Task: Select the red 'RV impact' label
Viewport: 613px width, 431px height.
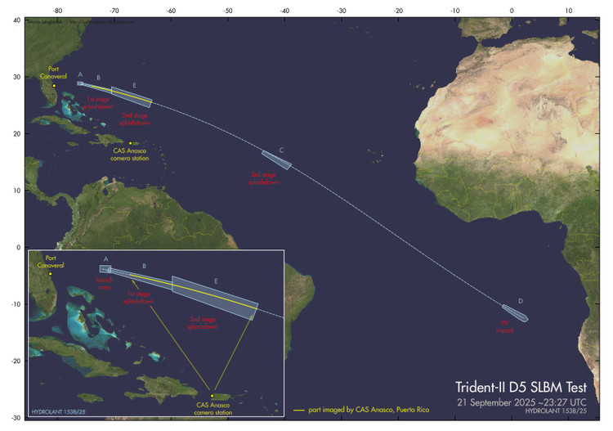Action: (504, 326)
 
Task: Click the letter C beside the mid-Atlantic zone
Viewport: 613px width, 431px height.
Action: (281, 150)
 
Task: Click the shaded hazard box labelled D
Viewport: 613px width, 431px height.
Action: (515, 312)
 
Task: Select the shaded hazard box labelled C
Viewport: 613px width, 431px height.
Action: (276, 160)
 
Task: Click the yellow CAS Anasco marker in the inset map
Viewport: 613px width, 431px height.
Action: (213, 396)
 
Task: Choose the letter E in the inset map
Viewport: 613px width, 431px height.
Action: (216, 281)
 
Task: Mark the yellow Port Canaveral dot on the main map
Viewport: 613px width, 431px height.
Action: (54, 85)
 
